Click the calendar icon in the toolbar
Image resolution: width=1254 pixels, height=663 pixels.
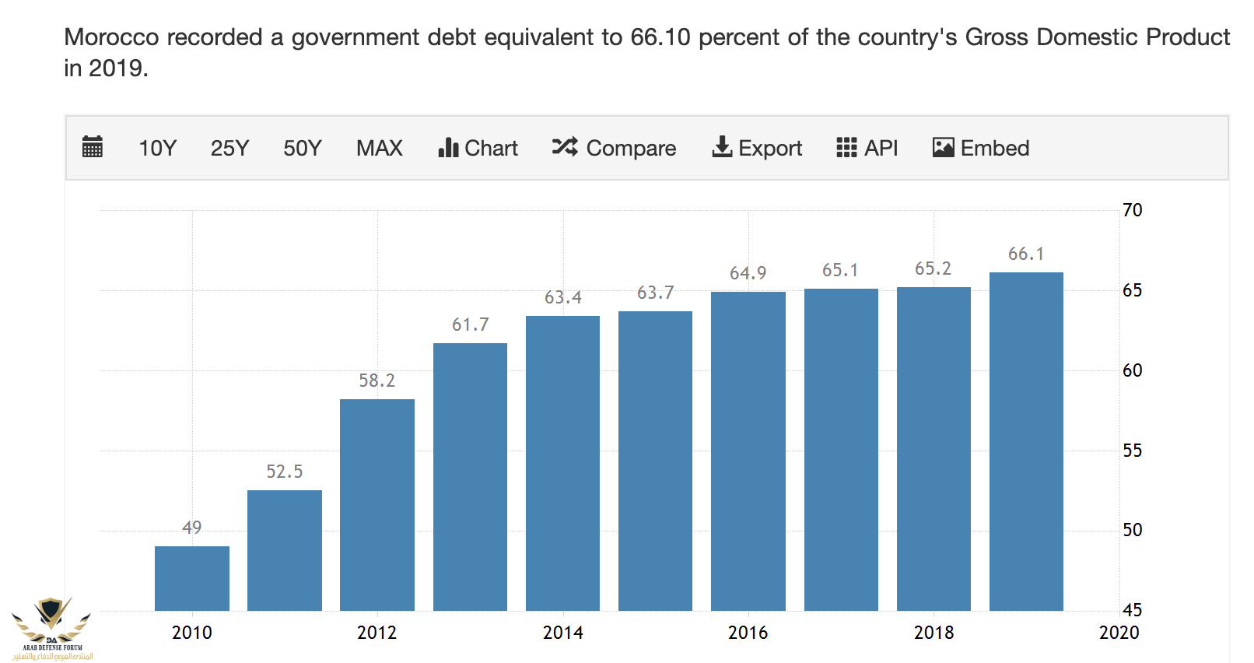click(x=93, y=147)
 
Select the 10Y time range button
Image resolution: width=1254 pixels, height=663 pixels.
click(x=157, y=148)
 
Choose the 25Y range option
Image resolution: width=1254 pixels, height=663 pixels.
click(x=229, y=148)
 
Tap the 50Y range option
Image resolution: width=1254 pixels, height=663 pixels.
click(x=302, y=148)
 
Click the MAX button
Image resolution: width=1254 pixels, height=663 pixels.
click(x=380, y=148)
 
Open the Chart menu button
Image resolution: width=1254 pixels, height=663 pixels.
click(x=478, y=148)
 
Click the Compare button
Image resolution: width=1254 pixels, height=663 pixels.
click(x=614, y=148)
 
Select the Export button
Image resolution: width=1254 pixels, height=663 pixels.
click(x=757, y=148)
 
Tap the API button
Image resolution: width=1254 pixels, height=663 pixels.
click(x=867, y=148)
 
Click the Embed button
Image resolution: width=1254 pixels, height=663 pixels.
click(x=980, y=148)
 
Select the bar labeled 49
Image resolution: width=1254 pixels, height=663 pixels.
click(x=192, y=578)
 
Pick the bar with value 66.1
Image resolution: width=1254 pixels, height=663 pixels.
click(x=1026, y=441)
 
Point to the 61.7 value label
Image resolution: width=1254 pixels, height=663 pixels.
click(x=471, y=324)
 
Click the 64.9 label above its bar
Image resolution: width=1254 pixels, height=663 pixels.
click(x=748, y=273)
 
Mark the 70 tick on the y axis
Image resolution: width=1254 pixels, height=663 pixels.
click(x=1132, y=210)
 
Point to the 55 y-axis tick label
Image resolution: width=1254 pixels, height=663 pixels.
click(x=1132, y=451)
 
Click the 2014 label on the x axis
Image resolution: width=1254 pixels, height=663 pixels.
click(x=562, y=633)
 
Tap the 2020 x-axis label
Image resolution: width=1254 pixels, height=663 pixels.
click(x=1119, y=633)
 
